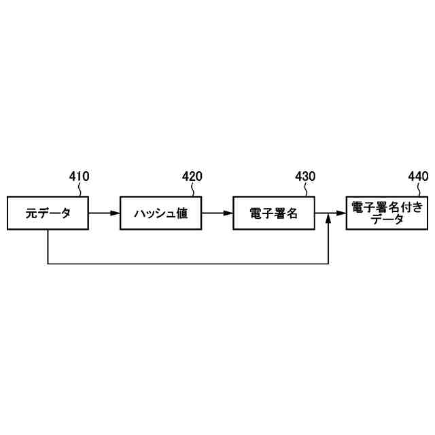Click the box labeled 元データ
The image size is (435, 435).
pyautogui.click(x=48, y=213)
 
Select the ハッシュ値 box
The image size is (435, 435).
pyautogui.click(x=160, y=213)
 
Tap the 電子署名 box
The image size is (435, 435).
pyautogui.click(x=273, y=213)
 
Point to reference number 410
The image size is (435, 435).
pyautogui.click(x=79, y=177)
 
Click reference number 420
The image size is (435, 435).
pyautogui.click(x=192, y=177)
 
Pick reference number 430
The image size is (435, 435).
pyautogui.click(x=305, y=177)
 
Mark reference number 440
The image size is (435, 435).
pyautogui.click(x=418, y=177)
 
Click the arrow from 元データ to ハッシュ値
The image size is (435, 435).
pyautogui.click(x=104, y=213)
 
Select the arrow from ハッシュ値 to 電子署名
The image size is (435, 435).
pyautogui.click(x=217, y=213)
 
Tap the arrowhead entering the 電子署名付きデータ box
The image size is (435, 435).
pyautogui.click(x=341, y=213)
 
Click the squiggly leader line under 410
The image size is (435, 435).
pyautogui.click(x=82, y=190)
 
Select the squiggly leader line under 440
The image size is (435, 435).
pyautogui.click(x=420, y=190)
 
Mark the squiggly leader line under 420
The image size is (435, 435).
pyautogui.click(x=194, y=190)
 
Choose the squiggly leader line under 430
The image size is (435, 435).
pyautogui.click(x=307, y=190)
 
